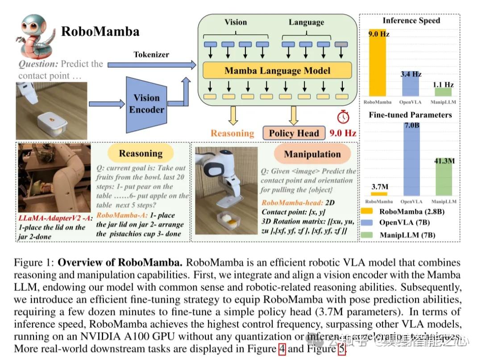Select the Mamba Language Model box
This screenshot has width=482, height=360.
click(277, 70)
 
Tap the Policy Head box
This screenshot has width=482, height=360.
click(293, 133)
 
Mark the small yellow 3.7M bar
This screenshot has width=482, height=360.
click(378, 194)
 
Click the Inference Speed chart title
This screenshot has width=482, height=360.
click(411, 21)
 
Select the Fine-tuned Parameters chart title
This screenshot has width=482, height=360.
click(410, 115)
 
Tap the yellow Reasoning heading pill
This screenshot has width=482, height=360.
click(140, 154)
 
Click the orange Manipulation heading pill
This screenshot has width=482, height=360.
click(312, 154)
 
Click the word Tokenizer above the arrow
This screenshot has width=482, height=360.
click(151, 54)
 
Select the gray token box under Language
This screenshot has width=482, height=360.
click(341, 45)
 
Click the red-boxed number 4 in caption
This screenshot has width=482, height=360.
click(282, 349)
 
